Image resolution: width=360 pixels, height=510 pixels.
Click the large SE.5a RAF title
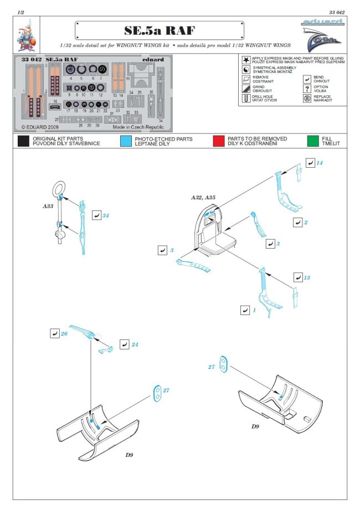159,31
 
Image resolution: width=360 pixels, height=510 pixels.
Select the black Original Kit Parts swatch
23,141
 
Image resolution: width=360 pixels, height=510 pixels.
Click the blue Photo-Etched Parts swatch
126,141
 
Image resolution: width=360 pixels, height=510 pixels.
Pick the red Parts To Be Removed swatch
219,141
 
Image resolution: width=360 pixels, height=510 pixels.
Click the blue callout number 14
320,163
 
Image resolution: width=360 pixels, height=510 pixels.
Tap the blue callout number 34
105,215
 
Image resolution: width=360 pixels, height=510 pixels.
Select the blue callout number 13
307,277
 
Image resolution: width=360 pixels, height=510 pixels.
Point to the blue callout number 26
64,334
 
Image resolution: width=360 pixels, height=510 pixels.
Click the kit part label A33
48,205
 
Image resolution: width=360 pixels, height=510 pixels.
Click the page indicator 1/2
20,11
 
